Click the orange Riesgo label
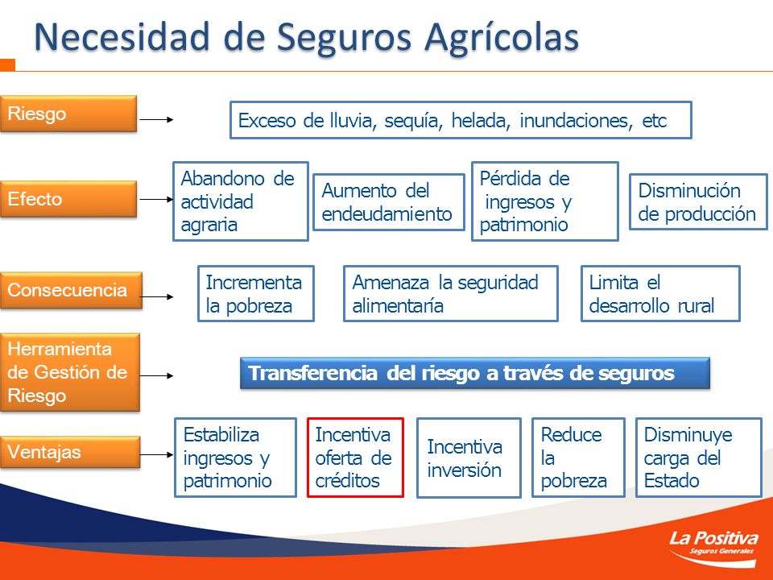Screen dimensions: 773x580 (x=68, y=114)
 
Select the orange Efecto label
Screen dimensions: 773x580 (x=68, y=199)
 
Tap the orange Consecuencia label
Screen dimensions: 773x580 (x=71, y=290)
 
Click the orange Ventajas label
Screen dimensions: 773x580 (x=70, y=452)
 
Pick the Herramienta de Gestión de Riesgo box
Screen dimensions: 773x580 (x=70, y=372)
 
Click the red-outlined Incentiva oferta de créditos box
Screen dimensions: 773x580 (x=355, y=458)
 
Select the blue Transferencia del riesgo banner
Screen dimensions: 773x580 (x=475, y=373)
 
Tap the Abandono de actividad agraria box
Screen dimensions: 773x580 (x=241, y=201)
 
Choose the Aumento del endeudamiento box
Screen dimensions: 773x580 (x=389, y=202)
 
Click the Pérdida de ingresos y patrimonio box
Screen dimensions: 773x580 (x=545, y=201)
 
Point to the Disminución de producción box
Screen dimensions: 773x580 (x=698, y=202)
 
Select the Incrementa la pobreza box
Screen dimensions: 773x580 (x=256, y=294)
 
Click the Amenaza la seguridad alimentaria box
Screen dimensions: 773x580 (x=451, y=294)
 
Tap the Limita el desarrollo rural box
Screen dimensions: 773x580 (x=660, y=294)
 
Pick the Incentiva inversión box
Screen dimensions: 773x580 (x=469, y=458)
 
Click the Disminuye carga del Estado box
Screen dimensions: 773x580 (x=699, y=458)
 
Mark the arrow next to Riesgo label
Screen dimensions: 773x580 (x=156, y=119)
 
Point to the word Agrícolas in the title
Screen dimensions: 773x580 (x=502, y=38)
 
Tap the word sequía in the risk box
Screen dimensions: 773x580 (x=412, y=121)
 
